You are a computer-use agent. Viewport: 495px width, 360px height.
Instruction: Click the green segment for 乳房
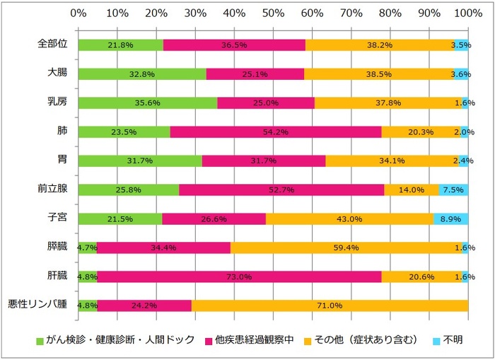147,103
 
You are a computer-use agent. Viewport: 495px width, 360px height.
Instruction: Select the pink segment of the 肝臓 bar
239,277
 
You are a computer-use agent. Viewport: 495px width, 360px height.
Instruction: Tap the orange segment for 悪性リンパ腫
330,306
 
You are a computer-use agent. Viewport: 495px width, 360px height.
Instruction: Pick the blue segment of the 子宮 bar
450,219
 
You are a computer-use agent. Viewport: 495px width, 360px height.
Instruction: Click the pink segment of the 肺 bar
276,132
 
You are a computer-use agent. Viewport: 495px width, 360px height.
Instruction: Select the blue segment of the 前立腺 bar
453,190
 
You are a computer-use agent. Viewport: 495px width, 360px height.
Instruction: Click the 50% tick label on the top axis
273,13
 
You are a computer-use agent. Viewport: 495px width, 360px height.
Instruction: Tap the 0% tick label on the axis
78,13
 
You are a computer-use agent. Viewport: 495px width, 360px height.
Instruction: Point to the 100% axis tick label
467,13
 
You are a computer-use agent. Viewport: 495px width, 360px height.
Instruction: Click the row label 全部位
52,44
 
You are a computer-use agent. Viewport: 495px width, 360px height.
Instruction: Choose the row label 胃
62,160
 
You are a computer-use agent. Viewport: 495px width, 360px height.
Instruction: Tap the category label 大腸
57,73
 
